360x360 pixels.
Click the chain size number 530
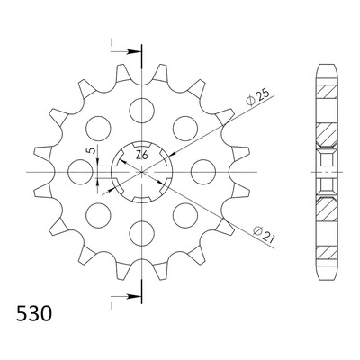[34, 313]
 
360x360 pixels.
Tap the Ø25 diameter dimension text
[257, 97]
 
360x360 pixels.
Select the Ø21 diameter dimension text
[264, 234]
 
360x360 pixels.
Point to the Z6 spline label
[141, 156]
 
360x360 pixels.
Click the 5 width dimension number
[94, 149]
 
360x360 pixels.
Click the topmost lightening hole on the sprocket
[141, 111]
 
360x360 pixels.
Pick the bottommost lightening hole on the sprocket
[141, 234]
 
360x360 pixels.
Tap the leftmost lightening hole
[80, 172]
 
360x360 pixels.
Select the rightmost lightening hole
[203, 172]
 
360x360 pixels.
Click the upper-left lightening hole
[98, 129]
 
